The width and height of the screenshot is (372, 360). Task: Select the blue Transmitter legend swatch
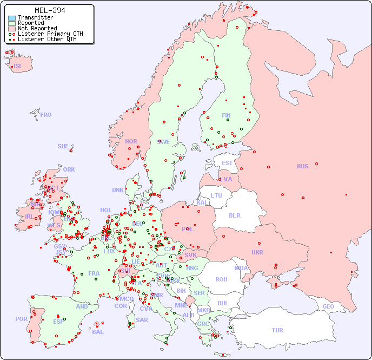12,18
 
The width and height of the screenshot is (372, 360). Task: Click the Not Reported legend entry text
37,28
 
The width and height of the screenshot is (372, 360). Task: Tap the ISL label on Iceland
18,67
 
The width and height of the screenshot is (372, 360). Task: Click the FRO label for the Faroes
46,115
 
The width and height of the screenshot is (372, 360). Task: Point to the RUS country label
302,166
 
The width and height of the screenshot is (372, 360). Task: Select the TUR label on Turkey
277,330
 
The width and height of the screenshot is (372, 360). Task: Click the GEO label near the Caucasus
328,306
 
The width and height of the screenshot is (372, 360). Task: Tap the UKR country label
257,252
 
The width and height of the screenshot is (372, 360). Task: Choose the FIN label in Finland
226,115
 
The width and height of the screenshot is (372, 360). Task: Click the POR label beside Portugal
21,319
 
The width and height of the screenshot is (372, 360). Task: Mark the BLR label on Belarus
234,215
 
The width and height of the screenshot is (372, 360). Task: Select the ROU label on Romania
221,279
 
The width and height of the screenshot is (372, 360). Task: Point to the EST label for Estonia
227,163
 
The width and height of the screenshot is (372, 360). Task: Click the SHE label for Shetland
63,146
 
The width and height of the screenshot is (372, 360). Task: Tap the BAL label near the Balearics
97,332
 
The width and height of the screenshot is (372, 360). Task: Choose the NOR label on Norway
131,141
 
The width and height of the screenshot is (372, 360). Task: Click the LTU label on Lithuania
216,195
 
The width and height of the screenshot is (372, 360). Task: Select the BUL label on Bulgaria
223,303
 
